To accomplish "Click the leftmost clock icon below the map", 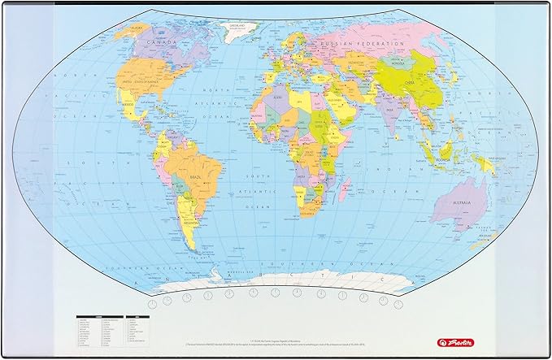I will (166, 297).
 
